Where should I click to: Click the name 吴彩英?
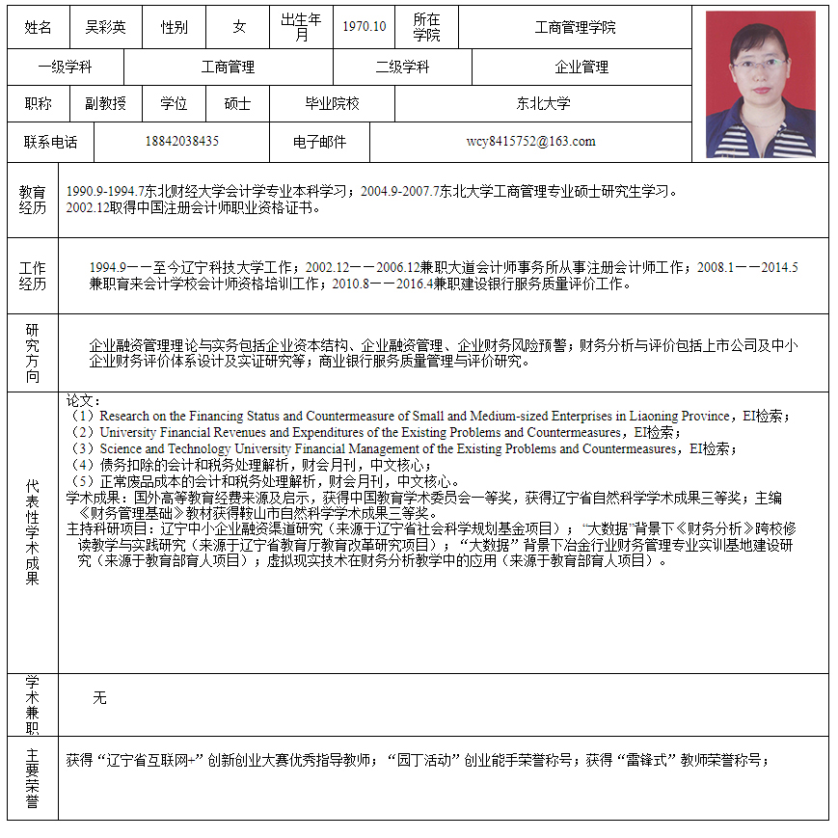point(105,28)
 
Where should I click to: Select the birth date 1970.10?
point(364,28)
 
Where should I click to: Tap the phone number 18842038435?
point(181,142)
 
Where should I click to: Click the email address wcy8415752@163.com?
point(530,142)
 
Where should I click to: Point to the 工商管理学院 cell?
point(575,28)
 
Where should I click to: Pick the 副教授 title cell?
point(105,104)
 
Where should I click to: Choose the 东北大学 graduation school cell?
point(543,104)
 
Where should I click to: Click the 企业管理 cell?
point(581,68)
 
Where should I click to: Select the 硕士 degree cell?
point(237,104)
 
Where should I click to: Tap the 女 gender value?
point(239,28)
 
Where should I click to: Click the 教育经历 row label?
point(33,200)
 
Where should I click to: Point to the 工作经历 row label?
point(33,276)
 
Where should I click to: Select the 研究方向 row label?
point(33,353)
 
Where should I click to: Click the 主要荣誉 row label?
point(33,778)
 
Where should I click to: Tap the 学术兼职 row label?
point(33,705)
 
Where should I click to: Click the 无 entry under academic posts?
point(99,697)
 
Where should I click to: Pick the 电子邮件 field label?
point(319,142)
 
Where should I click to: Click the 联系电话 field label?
point(50,142)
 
